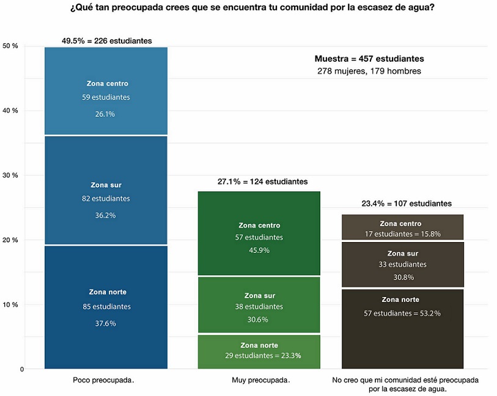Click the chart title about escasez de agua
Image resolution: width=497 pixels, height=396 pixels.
pyautogui.click(x=248, y=9)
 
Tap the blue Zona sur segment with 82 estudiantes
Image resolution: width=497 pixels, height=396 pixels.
pyautogui.click(x=106, y=190)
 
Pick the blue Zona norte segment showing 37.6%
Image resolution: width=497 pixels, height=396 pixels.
pyautogui.click(x=106, y=307)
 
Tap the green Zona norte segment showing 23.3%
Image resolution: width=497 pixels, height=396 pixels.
pyautogui.click(x=259, y=351)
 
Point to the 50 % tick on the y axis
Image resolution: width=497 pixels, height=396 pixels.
pyautogui.click(x=10, y=46)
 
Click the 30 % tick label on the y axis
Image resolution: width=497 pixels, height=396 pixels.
pyautogui.click(x=10, y=175)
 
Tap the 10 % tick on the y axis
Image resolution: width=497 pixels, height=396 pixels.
pyautogui.click(x=10, y=304)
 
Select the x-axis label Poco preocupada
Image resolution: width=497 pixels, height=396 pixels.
pyautogui.click(x=103, y=380)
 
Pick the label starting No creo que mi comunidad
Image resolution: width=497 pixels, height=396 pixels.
pyautogui.click(x=405, y=384)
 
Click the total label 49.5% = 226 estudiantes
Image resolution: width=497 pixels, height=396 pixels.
pyautogui.click(x=107, y=41)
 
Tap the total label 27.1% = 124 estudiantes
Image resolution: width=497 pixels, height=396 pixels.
pyautogui.click(x=262, y=182)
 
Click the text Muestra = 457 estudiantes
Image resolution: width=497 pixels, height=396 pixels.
pyautogui.click(x=369, y=59)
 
